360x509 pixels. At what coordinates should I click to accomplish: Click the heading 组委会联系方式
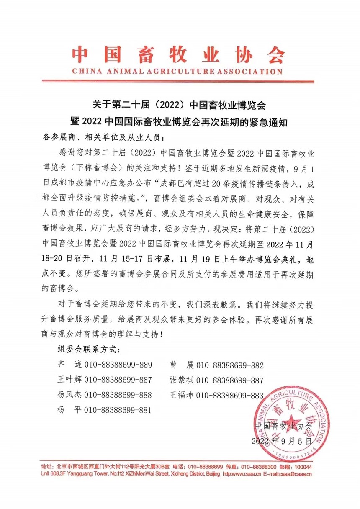click(x=90, y=349)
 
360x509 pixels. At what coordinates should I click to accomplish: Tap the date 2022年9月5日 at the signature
click(x=281, y=441)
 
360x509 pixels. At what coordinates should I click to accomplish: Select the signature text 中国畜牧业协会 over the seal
click(x=283, y=426)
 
